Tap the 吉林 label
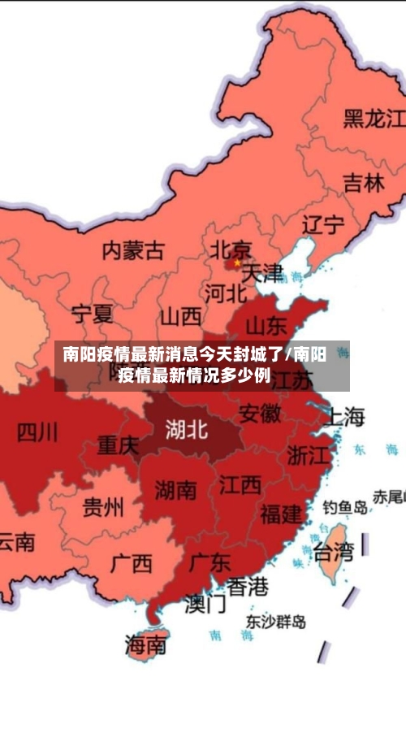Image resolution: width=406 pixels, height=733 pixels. (363, 183)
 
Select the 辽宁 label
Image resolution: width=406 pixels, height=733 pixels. (323, 225)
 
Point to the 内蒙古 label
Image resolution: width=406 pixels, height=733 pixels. (133, 249)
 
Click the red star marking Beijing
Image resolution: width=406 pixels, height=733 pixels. (236, 262)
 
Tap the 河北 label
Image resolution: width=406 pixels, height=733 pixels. (225, 293)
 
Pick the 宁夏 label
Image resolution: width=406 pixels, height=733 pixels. (93, 313)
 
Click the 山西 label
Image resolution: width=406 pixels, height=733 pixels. (179, 315)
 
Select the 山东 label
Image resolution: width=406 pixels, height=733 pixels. (266, 326)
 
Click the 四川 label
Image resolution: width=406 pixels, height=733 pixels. (37, 432)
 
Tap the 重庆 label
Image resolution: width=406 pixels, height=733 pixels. (119, 445)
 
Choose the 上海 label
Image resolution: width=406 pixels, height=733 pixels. (344, 417)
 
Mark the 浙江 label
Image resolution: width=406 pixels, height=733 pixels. (309, 455)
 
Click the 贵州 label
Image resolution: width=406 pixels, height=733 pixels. (103, 508)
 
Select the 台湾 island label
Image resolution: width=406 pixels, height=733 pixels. (334, 553)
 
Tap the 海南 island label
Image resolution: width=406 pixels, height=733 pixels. (146, 645)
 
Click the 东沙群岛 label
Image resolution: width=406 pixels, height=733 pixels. (276, 622)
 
